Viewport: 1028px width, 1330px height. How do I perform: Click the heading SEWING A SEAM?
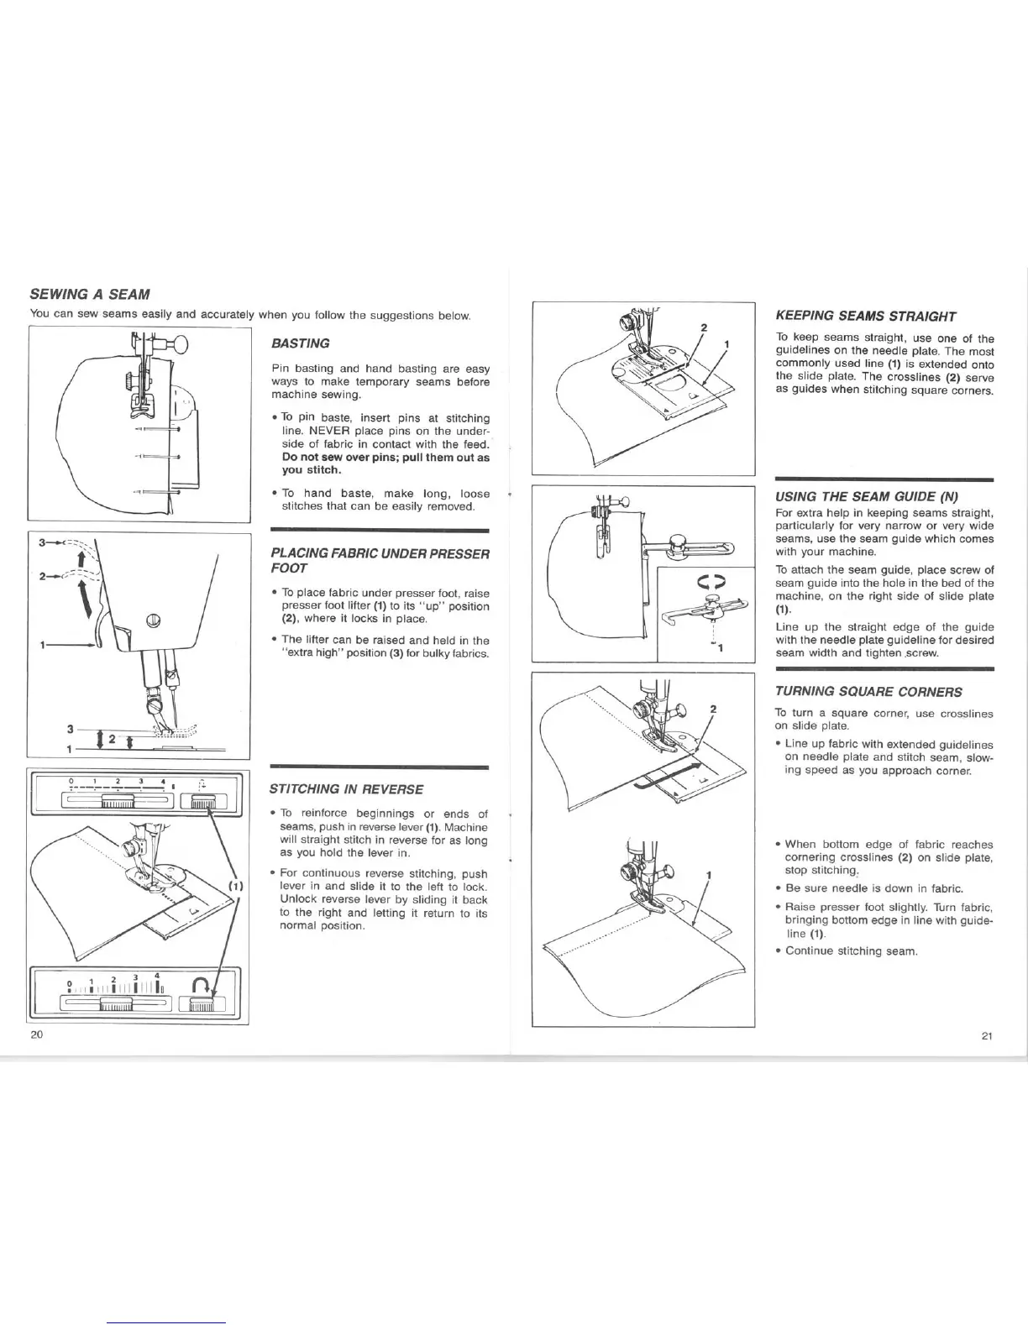pos(90,295)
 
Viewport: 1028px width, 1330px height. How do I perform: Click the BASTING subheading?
pos(301,343)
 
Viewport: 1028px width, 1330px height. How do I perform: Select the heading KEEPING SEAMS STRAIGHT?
pos(865,317)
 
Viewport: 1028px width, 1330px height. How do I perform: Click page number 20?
pos(36,1034)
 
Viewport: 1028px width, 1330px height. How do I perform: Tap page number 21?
pos(987,1035)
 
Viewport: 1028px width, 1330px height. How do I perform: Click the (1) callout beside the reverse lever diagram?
pos(235,885)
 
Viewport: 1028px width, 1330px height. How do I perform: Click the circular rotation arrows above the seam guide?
pos(711,579)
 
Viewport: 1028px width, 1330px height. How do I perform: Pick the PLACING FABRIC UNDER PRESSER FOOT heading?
pos(380,561)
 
